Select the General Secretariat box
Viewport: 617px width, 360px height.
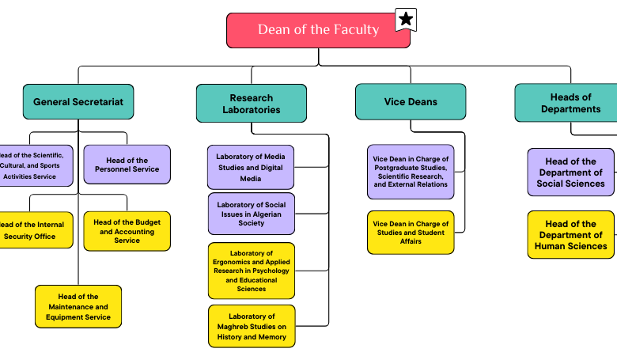tap(78, 102)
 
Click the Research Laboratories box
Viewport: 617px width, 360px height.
tap(251, 104)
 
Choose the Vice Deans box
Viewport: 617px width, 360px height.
tap(410, 102)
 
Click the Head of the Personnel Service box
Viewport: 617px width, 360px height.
tap(127, 165)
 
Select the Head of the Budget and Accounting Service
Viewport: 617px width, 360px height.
tap(127, 231)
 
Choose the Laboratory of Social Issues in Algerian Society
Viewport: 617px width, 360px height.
tap(251, 214)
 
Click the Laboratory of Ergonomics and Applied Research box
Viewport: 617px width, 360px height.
tap(251, 271)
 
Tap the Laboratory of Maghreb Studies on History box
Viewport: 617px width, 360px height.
tap(251, 326)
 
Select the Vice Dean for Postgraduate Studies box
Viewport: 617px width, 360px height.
tap(411, 172)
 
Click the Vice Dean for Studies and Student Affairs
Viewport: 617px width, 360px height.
tap(411, 232)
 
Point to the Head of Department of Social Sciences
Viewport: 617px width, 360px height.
tap(570, 172)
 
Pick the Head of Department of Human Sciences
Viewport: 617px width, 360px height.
tap(570, 234)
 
